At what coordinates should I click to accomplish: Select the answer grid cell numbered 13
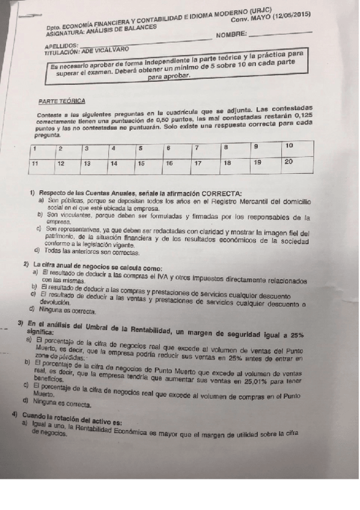tap(96, 164)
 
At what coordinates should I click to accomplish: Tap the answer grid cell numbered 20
tap(298, 162)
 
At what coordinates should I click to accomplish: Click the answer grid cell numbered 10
tap(298, 146)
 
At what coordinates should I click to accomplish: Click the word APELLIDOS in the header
tap(61, 46)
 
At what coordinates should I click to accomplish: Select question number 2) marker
tap(26, 264)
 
